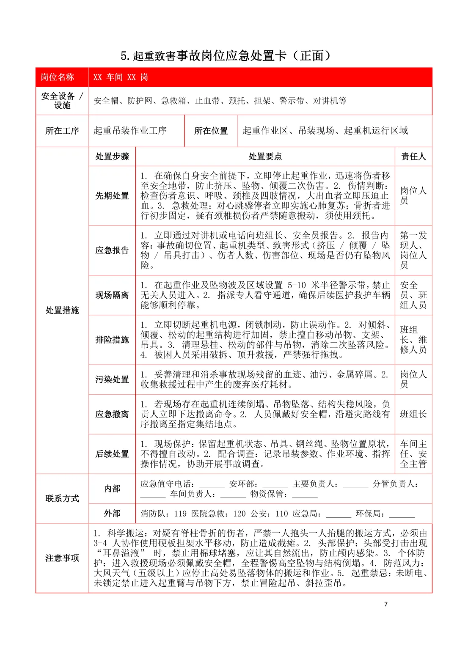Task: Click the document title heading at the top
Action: pos(226,55)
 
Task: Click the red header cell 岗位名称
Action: pos(58,77)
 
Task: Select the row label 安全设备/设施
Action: pos(62,101)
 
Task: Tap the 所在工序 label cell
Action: pos(62,131)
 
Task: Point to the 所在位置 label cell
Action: pos(211,131)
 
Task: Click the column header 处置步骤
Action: pos(112,157)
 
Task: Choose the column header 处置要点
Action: pos(265,157)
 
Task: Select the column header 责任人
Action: pos(413,157)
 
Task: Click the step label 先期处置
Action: pos(112,196)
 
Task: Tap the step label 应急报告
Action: pos(112,250)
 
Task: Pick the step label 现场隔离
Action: pos(112,295)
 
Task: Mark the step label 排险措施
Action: pos(112,340)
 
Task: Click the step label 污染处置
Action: pos(112,379)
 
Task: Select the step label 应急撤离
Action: pos(112,414)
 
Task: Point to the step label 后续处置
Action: pos(112,454)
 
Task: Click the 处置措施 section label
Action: pos(62,310)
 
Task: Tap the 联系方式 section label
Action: pos(62,498)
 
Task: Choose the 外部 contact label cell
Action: pos(112,514)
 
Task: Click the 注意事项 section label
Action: pos(62,558)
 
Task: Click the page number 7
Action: pos(385,604)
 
